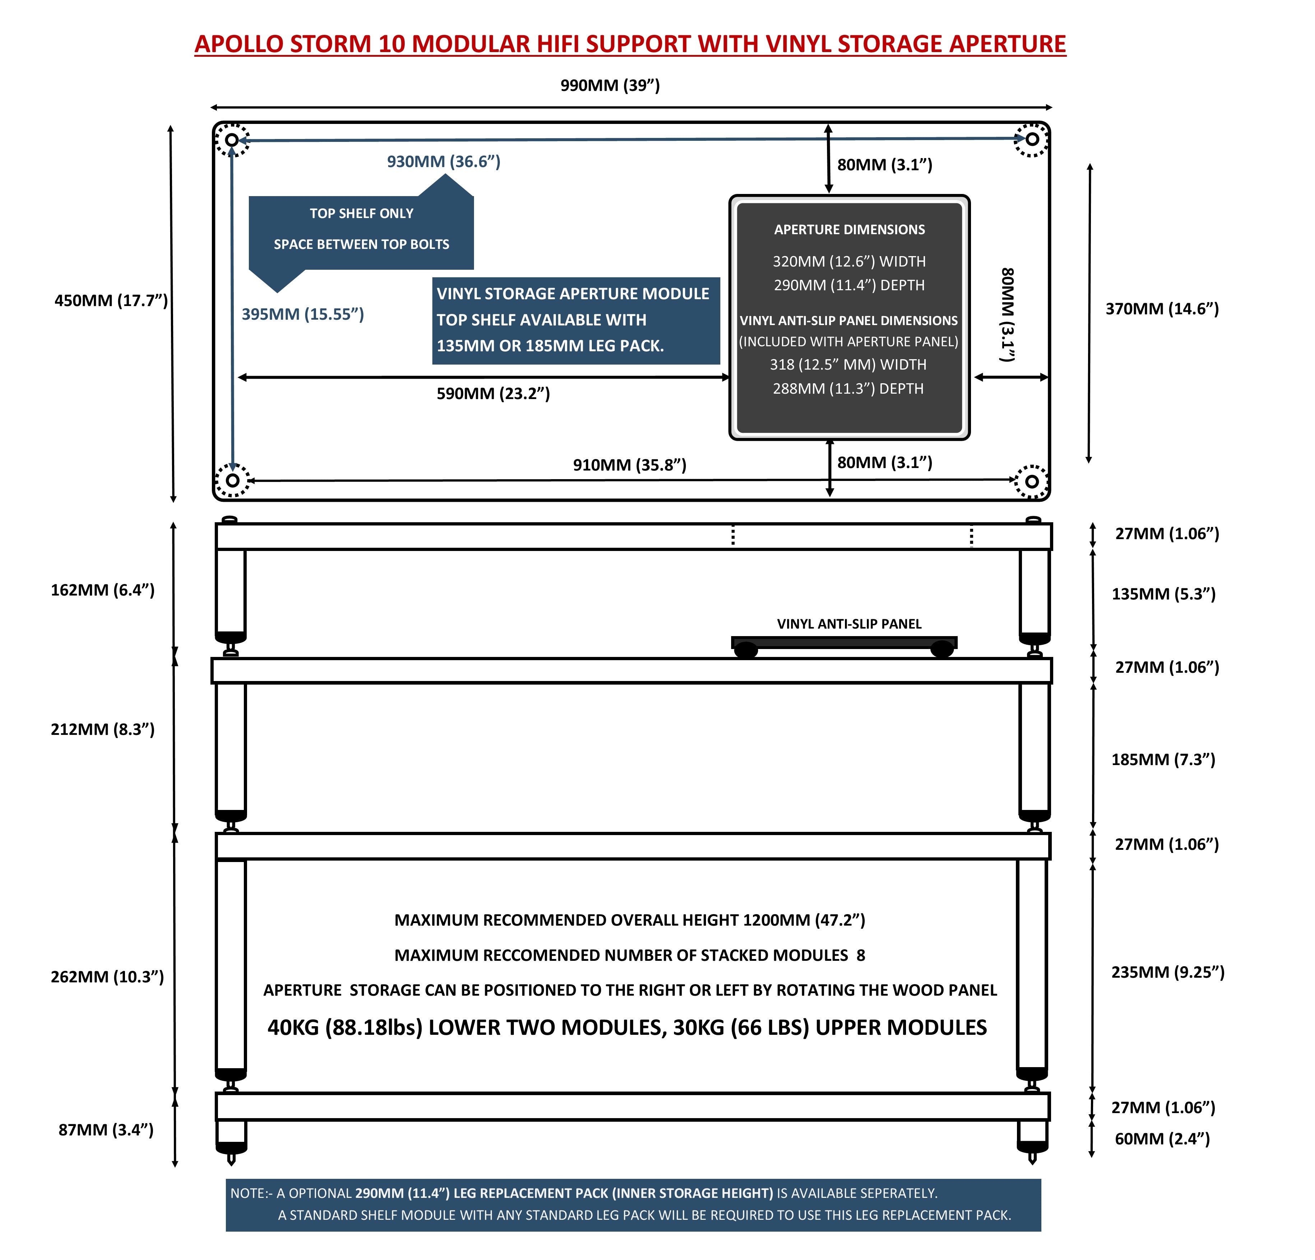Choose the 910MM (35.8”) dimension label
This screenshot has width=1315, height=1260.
pos(629,465)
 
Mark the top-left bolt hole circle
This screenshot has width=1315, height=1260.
pos(232,140)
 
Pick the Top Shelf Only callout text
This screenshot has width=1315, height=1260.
pos(362,213)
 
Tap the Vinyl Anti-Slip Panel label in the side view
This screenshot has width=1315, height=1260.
pos(849,624)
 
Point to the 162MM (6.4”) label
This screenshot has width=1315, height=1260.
pos(103,590)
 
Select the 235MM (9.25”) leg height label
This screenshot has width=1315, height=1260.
pos(1168,972)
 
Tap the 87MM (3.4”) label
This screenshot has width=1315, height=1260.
pos(106,1130)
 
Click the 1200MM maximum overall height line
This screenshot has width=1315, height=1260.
pos(630,920)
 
